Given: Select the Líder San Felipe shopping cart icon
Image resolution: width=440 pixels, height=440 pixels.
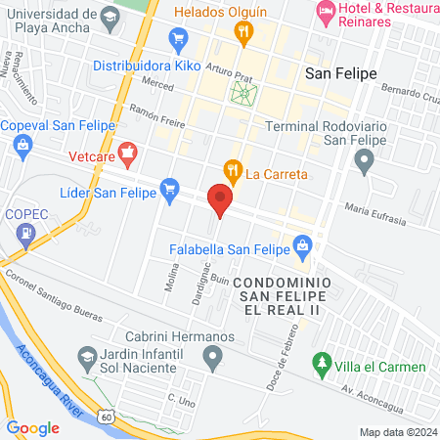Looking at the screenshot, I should pyautogui.click(x=171, y=186).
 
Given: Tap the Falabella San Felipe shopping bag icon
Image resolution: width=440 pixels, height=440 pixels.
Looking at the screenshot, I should pyautogui.click(x=302, y=243).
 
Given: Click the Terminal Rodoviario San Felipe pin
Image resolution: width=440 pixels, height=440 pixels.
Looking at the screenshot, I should pyautogui.click(x=365, y=161).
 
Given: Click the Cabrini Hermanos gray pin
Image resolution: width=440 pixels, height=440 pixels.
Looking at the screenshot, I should pyautogui.click(x=212, y=360).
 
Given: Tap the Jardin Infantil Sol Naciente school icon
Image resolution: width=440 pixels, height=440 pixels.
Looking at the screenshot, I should pyautogui.click(x=88, y=359).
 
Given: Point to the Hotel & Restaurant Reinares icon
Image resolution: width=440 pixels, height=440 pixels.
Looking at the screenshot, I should pyautogui.click(x=325, y=12).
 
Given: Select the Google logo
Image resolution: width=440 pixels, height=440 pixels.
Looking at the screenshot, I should pyautogui.click(x=33, y=427).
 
